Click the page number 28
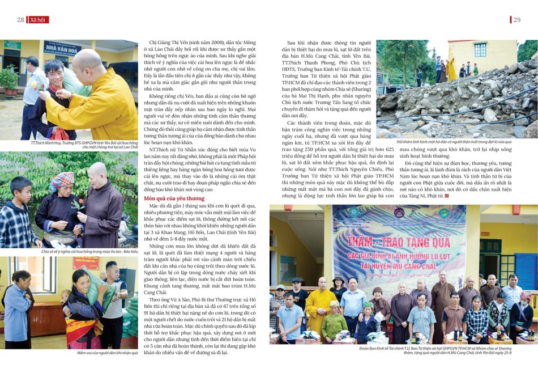pos(20,20)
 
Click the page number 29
pos(517,20)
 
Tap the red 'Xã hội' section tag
pos(39,20)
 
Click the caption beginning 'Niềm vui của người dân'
pos(108,353)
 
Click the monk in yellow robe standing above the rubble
pos(451,69)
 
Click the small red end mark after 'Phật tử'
pos(447,196)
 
